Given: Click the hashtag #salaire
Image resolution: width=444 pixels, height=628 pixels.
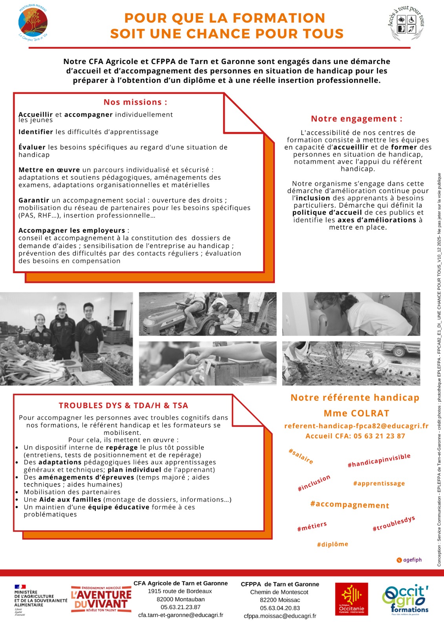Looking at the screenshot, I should coord(301,456).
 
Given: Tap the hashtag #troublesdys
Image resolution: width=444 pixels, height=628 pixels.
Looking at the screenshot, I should coord(393,524).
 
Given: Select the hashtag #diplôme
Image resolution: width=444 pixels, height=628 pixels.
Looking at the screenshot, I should coord(333,544).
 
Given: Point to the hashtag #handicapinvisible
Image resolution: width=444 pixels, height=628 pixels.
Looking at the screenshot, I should coord(379,460).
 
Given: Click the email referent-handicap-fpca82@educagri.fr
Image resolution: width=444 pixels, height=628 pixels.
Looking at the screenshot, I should coord(356,426).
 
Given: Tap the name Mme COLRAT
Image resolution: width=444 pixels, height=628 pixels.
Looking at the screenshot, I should coord(356,413).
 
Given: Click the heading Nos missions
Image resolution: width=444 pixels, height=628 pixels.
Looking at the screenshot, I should coord(135,102).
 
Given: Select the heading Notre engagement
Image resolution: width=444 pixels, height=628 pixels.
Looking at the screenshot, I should coord(356,119).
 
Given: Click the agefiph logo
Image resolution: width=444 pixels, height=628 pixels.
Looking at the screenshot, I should coord(409,560).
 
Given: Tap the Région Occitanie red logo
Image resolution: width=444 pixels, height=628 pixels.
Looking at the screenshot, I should coord(351,599).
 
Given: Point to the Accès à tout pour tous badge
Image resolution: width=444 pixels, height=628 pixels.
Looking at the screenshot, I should coord(406,24).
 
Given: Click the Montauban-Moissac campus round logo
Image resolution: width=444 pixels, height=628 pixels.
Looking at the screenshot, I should coord(33,22).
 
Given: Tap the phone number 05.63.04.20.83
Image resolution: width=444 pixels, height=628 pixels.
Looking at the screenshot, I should coord(280,608).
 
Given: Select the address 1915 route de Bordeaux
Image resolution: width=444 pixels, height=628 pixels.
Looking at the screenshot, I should coord(180,591).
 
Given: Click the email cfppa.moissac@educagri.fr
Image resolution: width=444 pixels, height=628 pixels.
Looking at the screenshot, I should coord(280,616).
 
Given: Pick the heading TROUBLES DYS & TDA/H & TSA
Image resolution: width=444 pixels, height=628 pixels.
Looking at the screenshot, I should coord(123,405).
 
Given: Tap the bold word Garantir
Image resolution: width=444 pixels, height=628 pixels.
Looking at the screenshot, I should coord(34,200).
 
